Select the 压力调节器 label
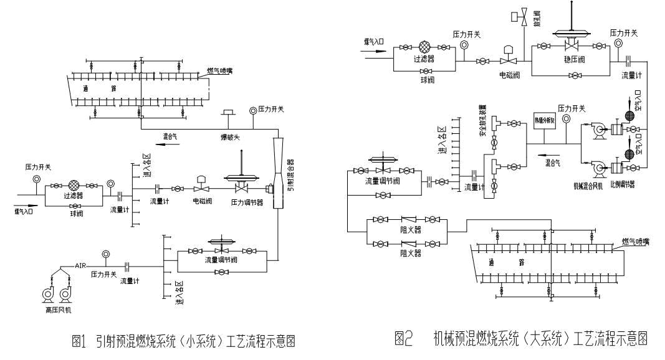coord(247,202)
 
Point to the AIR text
coord(80,265)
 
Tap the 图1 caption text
coord(183,341)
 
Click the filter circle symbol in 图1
coord(74,184)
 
